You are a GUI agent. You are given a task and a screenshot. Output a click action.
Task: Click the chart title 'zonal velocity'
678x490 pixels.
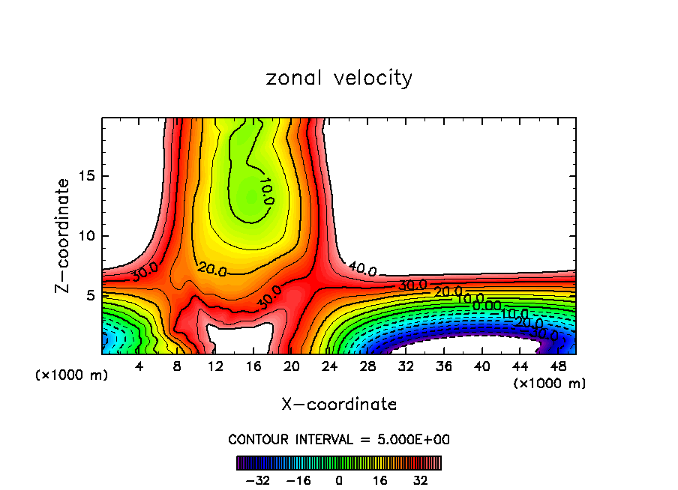click(339, 78)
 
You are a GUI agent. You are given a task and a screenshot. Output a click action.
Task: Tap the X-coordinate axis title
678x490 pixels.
click(339, 405)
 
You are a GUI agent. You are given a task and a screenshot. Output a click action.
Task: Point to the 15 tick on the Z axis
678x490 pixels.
click(88, 177)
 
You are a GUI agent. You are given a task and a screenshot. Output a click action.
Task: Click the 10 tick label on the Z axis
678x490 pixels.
click(88, 236)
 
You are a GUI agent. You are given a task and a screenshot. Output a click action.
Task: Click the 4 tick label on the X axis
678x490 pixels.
click(139, 367)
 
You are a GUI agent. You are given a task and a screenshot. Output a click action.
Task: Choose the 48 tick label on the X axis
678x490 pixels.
click(559, 367)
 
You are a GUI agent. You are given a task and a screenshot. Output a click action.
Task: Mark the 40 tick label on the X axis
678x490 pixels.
click(481, 367)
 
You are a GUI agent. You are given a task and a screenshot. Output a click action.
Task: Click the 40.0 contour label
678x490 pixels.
click(362, 269)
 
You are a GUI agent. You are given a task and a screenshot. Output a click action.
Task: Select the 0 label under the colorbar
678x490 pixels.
click(339, 480)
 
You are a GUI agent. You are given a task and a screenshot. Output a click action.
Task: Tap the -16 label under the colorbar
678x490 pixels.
click(298, 480)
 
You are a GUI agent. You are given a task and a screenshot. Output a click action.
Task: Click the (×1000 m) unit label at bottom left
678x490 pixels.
click(71, 375)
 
